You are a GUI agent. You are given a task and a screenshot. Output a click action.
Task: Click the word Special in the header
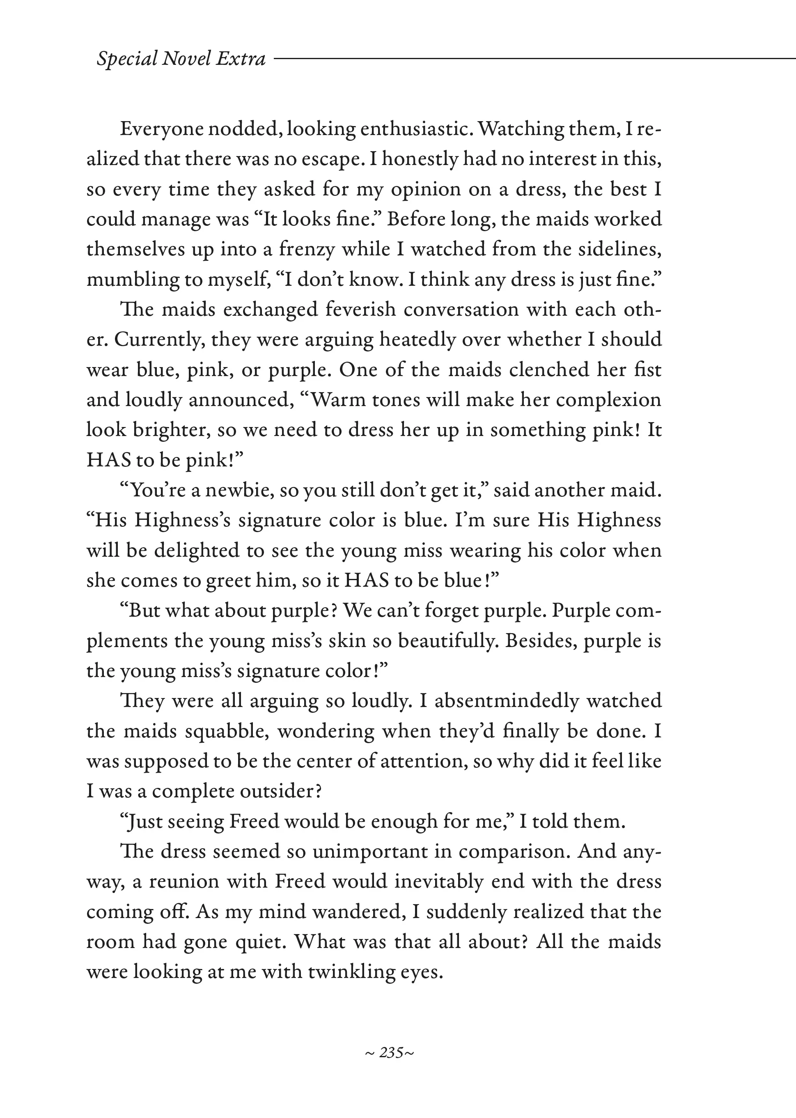point(126,59)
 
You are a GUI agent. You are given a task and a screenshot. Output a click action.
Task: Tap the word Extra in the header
point(241,59)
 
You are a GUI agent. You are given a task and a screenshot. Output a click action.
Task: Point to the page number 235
point(391,1052)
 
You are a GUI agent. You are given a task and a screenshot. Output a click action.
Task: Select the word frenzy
point(307,250)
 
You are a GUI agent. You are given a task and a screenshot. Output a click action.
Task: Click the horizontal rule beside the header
point(534,59)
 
